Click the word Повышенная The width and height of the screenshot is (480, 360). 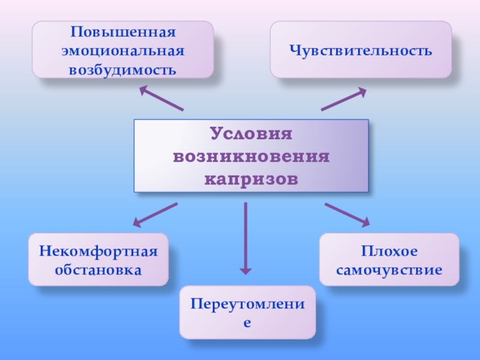(x=122, y=31)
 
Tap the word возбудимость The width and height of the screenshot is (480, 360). (x=122, y=70)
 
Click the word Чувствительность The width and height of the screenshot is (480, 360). (x=361, y=50)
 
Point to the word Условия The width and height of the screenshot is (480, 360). (x=251, y=134)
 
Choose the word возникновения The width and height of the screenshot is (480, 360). (x=251, y=157)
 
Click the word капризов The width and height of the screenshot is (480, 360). (x=251, y=179)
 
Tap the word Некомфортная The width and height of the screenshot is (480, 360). (x=98, y=250)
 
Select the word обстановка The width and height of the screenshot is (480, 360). (x=98, y=269)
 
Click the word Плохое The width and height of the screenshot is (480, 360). (x=389, y=250)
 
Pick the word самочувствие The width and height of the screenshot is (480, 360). (x=389, y=269)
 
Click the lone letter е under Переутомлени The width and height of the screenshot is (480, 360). (x=247, y=322)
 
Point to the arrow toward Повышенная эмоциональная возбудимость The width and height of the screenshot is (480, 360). (x=161, y=98)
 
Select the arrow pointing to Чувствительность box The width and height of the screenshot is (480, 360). (x=343, y=99)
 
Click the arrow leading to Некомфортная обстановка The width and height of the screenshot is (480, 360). (x=155, y=214)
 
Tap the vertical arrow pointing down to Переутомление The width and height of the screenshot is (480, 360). (x=245, y=237)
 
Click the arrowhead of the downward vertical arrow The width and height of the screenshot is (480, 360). (x=245, y=269)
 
